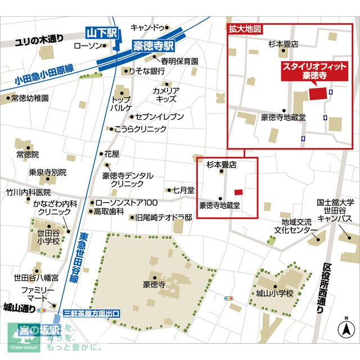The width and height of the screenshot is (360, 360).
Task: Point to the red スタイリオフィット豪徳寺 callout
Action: pos(314,71)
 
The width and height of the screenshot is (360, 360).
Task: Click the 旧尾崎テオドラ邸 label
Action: pos(164,217)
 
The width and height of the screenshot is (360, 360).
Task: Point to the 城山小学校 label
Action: pos(274,294)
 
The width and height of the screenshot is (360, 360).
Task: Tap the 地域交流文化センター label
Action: pos(296,225)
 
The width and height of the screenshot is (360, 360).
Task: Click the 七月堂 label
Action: pos(183,190)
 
